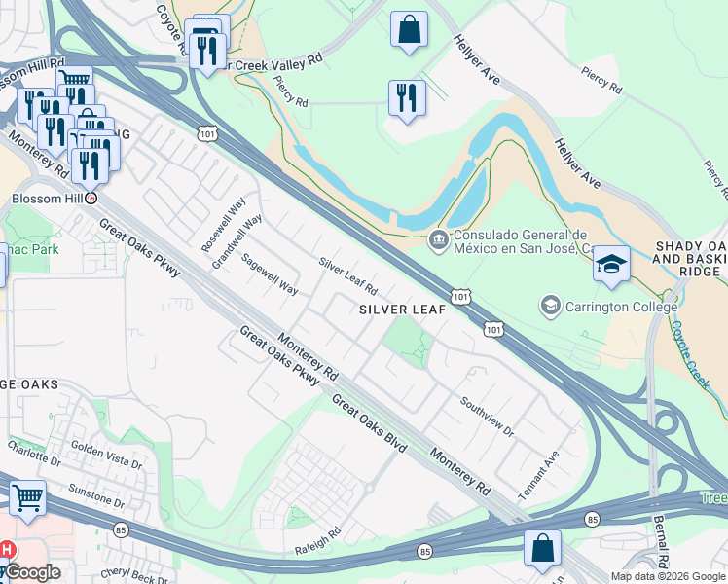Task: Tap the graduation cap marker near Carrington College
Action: [x=611, y=265]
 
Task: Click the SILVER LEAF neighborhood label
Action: [x=402, y=310]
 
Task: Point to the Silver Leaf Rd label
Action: [x=347, y=276]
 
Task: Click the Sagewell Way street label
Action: [x=270, y=274]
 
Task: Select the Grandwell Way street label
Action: [x=237, y=241]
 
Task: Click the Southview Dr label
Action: [x=487, y=416]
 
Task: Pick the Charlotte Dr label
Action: [x=34, y=452]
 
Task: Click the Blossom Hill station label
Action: [x=43, y=197]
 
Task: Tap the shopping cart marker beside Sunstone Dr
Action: [x=27, y=499]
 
